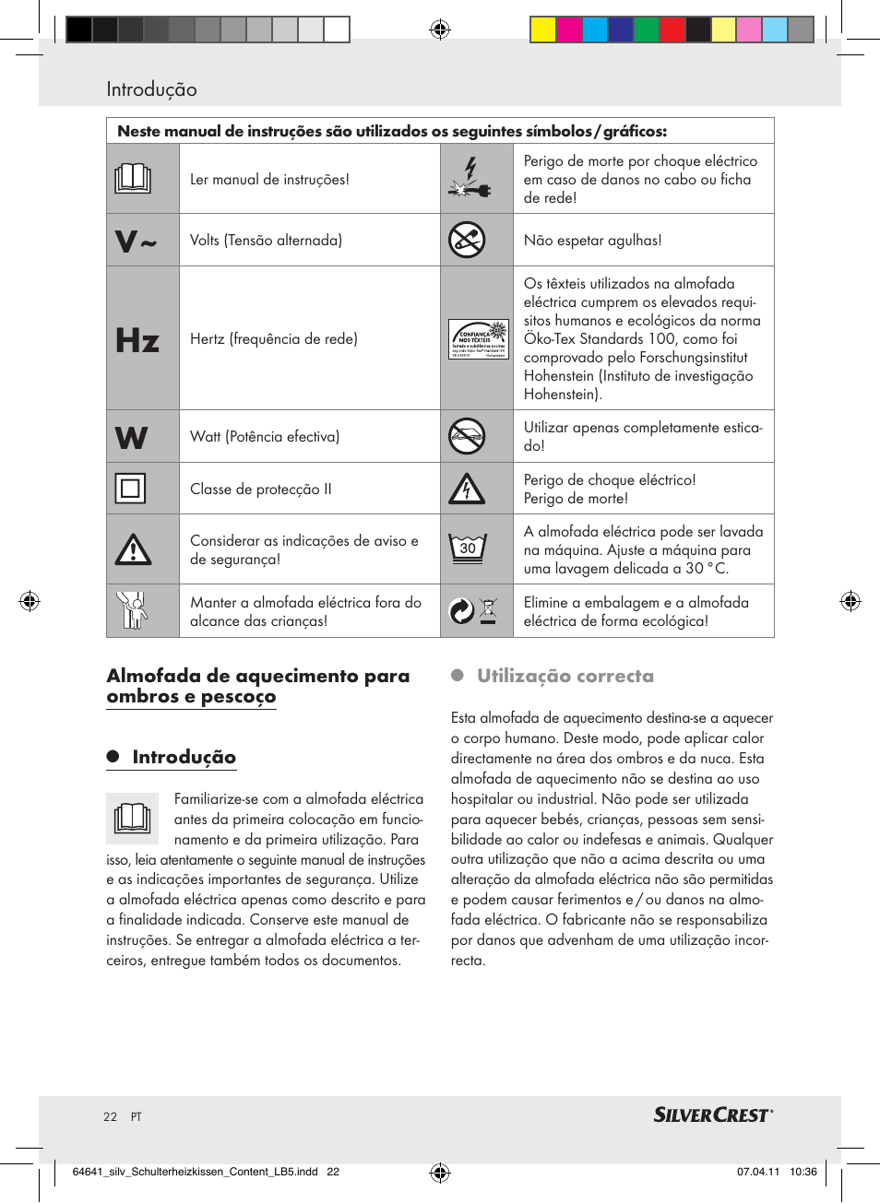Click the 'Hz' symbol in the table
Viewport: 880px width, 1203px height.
click(137, 340)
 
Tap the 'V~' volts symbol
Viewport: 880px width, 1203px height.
click(136, 242)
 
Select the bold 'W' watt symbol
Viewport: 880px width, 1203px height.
click(132, 438)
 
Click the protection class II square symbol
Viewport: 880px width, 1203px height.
click(131, 489)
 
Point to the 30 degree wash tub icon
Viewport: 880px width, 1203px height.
click(468, 548)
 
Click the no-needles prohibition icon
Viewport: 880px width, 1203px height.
click(467, 241)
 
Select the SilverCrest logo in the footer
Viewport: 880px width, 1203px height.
click(713, 1115)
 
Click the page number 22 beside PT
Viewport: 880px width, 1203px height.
click(110, 1116)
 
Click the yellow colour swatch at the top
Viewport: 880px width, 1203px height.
click(542, 30)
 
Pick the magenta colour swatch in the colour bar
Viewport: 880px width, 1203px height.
click(568, 30)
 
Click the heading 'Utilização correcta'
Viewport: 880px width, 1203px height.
click(565, 676)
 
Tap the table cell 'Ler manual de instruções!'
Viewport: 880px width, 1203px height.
click(269, 180)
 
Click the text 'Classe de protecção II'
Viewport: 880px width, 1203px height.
click(260, 489)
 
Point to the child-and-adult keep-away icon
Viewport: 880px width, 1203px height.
click(133, 610)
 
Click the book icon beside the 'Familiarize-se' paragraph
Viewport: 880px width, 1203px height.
click(133, 818)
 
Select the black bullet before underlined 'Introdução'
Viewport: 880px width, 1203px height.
click(113, 757)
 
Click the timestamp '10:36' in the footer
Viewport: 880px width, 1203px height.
click(803, 1172)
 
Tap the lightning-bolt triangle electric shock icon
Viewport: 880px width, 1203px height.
click(467, 489)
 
